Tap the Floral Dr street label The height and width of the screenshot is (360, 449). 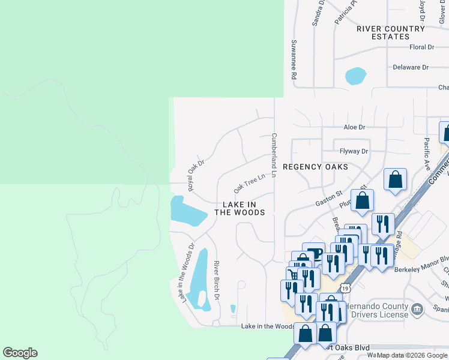[x=421, y=47]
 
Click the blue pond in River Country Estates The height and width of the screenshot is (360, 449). [x=355, y=76]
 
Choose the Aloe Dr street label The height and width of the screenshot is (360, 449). [x=354, y=127]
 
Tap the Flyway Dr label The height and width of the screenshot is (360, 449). [x=354, y=152]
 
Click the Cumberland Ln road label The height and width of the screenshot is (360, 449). [x=274, y=155]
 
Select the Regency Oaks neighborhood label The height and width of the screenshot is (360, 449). [x=315, y=167]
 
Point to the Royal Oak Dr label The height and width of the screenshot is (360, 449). [x=196, y=175]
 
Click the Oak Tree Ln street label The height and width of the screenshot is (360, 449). [x=249, y=184]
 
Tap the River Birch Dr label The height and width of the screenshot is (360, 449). [x=217, y=281]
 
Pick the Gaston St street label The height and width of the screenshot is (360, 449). [x=329, y=199]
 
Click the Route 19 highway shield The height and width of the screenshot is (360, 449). [x=347, y=288]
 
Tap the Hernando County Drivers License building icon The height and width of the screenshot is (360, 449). [x=418, y=309]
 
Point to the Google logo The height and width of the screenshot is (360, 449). [x=20, y=353]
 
